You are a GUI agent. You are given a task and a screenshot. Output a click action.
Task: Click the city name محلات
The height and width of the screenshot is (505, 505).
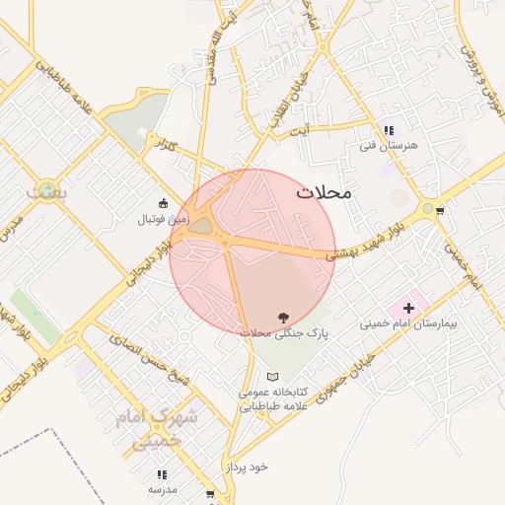324,193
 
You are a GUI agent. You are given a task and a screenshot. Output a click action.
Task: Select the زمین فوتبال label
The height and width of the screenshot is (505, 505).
163,220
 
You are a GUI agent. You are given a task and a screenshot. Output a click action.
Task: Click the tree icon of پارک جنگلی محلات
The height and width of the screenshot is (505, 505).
284,318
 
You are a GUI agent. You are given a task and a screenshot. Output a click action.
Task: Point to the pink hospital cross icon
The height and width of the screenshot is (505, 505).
408,309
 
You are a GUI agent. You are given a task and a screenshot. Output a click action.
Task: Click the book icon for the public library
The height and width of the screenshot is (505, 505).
273,377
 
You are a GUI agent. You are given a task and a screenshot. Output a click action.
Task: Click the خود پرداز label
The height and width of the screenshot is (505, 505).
247,465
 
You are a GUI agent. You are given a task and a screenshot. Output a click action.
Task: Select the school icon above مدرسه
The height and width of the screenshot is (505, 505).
162,474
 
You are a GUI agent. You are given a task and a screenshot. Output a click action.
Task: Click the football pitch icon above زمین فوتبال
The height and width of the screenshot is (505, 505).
164,203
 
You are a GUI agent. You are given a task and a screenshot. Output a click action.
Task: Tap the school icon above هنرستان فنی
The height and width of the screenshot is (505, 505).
388,129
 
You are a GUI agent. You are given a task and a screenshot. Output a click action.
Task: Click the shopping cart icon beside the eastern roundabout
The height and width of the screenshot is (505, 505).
440,210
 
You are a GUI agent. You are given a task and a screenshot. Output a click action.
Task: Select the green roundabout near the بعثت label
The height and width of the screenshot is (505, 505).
46,188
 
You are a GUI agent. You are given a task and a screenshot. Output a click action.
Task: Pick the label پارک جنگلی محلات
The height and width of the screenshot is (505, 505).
284,333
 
